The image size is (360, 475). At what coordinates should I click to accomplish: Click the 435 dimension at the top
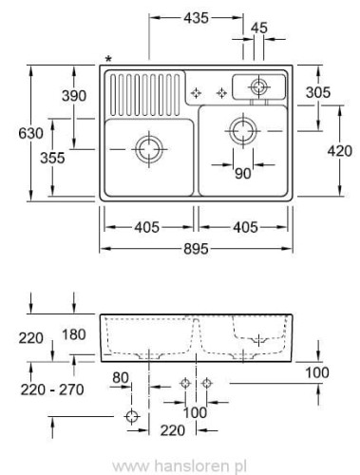pos(196,18)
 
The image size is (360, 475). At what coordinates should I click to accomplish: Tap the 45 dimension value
pos(259,28)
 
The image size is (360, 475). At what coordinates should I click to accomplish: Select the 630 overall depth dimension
pos(30,133)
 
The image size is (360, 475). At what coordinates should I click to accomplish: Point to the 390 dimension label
pos(74,96)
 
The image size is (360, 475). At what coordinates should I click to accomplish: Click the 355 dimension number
pos(52,158)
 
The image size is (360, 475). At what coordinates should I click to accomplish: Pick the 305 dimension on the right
pos(318,92)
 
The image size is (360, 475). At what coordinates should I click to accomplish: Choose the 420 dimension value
pos(340,151)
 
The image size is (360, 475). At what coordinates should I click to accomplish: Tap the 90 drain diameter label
pos(243,173)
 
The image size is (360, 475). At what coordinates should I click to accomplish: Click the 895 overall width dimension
pos(196,249)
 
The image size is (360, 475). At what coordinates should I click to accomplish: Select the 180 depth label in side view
pos(74,334)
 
